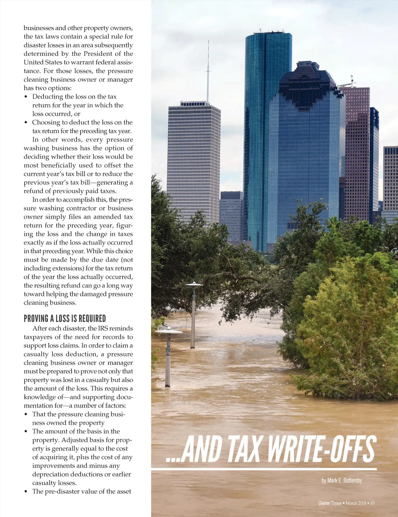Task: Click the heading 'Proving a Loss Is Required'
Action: coord(65,319)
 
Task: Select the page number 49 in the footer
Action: coord(372,503)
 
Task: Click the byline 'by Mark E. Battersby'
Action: coord(342,480)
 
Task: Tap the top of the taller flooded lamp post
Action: coord(194,284)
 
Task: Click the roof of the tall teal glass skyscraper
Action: coord(268,34)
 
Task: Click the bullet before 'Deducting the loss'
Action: coord(26,97)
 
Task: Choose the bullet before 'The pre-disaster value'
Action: coord(26,491)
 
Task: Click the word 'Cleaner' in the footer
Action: coord(324,503)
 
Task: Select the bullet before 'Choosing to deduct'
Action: coord(26,122)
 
